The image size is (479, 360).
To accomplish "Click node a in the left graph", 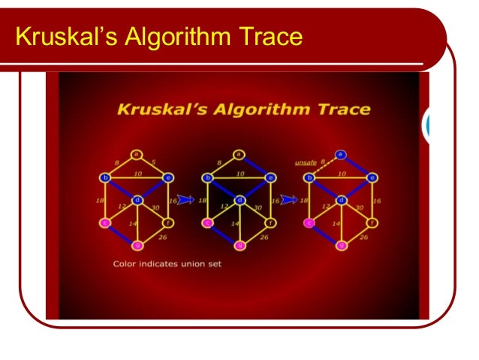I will (x=137, y=155).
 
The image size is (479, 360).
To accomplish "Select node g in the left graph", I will (x=137, y=245).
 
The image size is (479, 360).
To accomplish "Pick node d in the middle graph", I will (x=239, y=200).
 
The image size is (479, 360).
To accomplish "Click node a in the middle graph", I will (x=239, y=155).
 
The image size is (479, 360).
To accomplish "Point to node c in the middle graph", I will (x=208, y=222).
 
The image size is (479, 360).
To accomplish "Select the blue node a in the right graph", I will (x=341, y=155).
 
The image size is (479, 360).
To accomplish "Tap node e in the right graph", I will (x=372, y=178).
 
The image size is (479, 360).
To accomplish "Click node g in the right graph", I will (x=341, y=245).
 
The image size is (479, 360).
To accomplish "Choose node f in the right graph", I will (x=372, y=222).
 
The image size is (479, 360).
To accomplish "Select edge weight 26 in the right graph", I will (x=363, y=237).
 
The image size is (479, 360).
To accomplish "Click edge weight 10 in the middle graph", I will (x=239, y=174).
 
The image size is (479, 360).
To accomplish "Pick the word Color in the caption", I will (x=123, y=264).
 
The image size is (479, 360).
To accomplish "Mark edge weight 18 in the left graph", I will (x=100, y=201).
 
